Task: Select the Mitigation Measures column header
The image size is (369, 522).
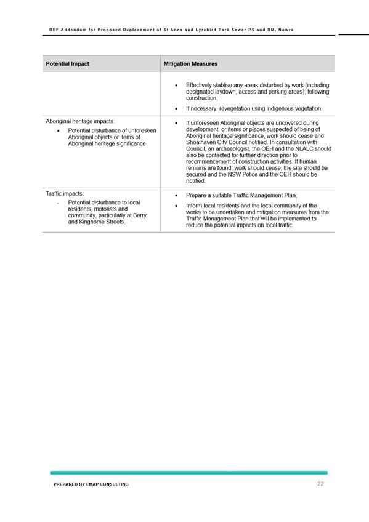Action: (190, 64)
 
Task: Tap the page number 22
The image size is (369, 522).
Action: (320, 484)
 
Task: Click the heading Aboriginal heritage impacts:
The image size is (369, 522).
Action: (79, 121)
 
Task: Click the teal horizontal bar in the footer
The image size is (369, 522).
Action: (189, 472)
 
